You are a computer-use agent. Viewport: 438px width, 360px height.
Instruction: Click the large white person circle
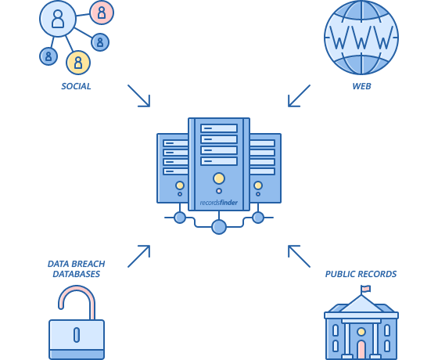click(57, 19)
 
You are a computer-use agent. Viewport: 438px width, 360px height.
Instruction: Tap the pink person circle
click(102, 12)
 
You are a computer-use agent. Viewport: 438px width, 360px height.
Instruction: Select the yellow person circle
click(77, 62)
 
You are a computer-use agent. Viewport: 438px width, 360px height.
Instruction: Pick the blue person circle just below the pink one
click(100, 42)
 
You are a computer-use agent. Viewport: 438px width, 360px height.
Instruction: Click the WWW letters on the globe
click(361, 37)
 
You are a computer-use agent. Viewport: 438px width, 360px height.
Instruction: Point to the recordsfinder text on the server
click(218, 202)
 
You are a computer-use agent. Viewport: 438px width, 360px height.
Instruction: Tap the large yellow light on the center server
click(219, 178)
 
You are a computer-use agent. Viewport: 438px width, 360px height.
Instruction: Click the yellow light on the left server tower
click(180, 185)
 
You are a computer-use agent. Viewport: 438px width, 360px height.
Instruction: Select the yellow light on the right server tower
click(258, 185)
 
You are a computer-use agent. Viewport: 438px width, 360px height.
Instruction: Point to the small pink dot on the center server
click(219, 190)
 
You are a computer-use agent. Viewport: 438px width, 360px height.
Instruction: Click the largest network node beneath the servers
click(219, 226)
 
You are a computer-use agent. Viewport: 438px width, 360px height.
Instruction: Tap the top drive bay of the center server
click(219, 128)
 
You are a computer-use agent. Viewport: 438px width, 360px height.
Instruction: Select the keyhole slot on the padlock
click(77, 335)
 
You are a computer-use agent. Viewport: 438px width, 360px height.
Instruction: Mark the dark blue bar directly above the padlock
click(77, 268)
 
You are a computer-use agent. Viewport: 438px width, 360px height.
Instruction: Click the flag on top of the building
click(365, 289)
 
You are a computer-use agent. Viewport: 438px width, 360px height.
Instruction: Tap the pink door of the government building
click(361, 348)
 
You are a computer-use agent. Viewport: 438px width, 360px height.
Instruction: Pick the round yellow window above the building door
click(361, 331)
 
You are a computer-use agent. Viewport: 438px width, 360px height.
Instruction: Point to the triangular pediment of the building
click(361, 304)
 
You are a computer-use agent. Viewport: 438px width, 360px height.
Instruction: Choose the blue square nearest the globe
click(300, 95)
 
